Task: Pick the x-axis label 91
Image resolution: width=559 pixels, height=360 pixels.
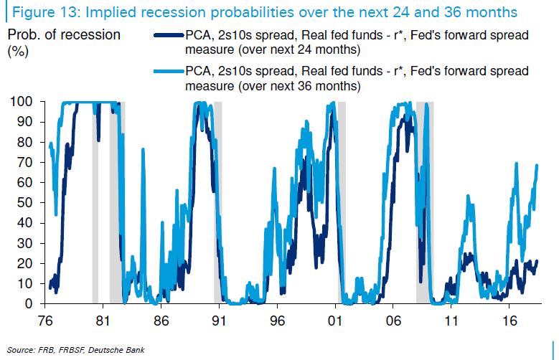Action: tap(219, 321)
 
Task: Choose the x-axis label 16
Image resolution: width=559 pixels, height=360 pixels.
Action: tap(511, 321)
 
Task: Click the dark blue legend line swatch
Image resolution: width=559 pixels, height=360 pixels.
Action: tap(168, 36)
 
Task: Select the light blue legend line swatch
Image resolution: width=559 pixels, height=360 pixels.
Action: tap(168, 72)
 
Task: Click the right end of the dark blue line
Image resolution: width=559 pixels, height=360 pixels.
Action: tap(536, 261)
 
